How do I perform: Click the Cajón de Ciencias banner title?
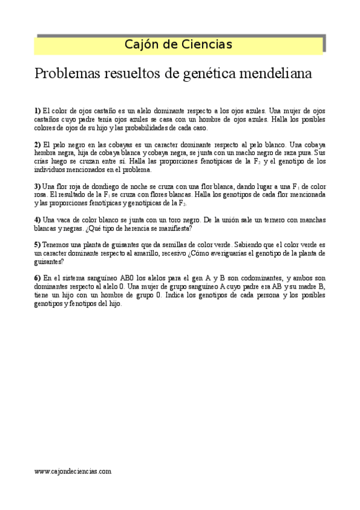pyautogui.click(x=178, y=44)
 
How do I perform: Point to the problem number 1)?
pyautogui.click(x=37, y=111)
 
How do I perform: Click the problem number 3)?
pyautogui.click(x=37, y=186)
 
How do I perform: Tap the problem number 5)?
pyautogui.click(x=37, y=245)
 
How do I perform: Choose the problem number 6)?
pyautogui.click(x=37, y=278)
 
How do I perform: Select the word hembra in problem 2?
pyautogui.click(x=46, y=153)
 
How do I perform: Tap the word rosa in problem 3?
pyautogui.click(x=40, y=195)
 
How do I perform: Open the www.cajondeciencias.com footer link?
pyautogui.click(x=73, y=472)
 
